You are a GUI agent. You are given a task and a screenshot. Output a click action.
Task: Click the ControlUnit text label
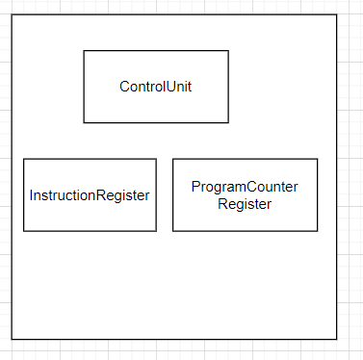click(156, 87)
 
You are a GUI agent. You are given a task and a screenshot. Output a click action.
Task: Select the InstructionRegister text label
click(90, 195)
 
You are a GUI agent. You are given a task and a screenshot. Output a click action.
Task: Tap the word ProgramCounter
click(245, 187)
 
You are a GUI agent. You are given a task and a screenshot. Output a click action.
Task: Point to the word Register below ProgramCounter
click(245, 204)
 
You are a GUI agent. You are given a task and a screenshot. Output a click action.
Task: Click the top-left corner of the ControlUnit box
click(84, 51)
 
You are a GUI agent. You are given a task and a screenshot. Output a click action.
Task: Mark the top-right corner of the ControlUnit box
click(228, 51)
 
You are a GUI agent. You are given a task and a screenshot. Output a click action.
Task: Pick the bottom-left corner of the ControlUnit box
click(84, 123)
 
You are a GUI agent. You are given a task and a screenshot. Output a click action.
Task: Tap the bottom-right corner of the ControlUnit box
click(228, 123)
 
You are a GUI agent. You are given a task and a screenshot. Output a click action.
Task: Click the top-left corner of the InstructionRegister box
click(23, 159)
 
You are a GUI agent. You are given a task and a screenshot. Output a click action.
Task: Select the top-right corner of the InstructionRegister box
click(156, 159)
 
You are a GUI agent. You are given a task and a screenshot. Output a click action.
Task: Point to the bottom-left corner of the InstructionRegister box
click(23, 231)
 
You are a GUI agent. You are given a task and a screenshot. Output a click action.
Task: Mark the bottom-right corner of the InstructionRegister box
click(156, 231)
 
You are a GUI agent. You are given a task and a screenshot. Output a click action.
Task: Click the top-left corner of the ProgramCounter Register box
click(173, 159)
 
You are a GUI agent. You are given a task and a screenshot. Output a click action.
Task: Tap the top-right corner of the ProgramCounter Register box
click(318, 159)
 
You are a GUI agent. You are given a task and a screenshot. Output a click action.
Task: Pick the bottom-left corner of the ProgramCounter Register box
click(173, 231)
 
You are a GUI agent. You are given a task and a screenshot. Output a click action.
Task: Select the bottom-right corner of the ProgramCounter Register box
click(318, 231)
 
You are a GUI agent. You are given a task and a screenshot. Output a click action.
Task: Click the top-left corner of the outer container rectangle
click(12, 14)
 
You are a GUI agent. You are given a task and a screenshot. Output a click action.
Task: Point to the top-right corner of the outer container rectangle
click(337, 14)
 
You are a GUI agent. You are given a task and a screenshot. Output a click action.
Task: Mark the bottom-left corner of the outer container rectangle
click(12, 340)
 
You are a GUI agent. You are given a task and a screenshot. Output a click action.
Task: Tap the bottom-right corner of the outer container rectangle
click(337, 340)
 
